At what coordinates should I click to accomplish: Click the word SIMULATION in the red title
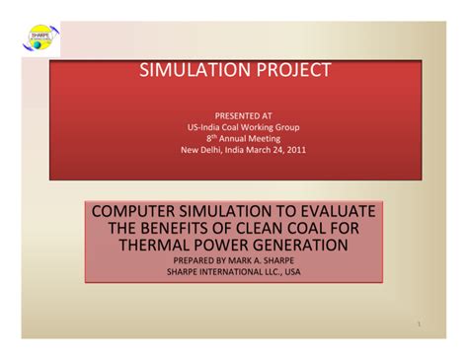click(195, 71)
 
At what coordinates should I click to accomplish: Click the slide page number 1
click(419, 324)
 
